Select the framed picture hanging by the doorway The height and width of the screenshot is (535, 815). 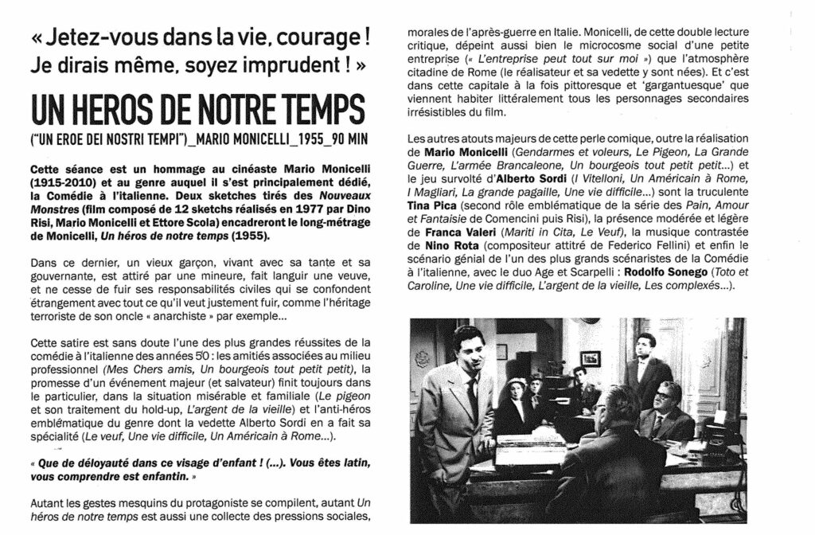point(590,358)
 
